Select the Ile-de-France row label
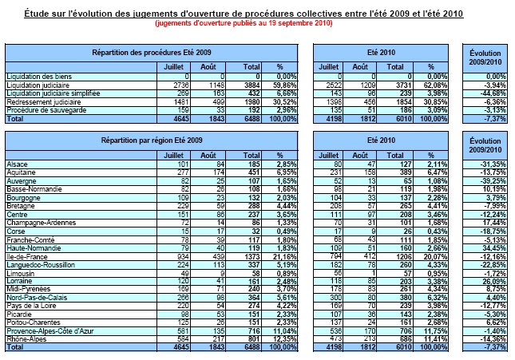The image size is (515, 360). pyautogui.click(x=26, y=256)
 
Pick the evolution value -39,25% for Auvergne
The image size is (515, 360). pyautogui.click(x=488, y=181)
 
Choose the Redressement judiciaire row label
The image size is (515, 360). pyautogui.click(x=42, y=101)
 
